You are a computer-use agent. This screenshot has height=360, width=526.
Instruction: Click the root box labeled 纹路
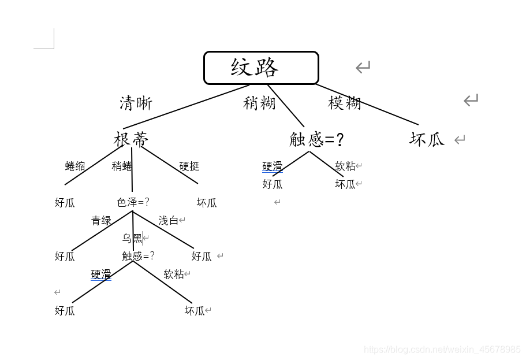261,68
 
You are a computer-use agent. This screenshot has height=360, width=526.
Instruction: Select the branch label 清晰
136,103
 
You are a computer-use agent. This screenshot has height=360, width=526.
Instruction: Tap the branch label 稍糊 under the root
259,103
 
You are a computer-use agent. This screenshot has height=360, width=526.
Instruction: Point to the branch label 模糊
344,103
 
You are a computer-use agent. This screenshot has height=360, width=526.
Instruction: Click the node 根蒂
131,139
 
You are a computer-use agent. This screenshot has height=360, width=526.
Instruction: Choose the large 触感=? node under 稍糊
316,139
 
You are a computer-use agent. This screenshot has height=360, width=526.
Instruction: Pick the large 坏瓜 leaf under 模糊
427,139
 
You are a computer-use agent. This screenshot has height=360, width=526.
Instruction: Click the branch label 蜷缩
75,166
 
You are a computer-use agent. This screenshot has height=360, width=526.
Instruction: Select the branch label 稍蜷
122,166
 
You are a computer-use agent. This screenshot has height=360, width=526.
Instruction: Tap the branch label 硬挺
189,166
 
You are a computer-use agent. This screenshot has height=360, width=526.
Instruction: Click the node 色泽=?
133,202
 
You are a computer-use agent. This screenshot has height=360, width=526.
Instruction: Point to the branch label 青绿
101,220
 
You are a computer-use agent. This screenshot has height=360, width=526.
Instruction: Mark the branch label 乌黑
132,238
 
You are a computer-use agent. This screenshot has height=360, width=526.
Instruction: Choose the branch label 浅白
169,220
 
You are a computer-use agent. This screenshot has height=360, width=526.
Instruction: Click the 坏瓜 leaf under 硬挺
206,202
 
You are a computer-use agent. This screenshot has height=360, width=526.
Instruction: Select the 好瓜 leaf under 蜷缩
65,202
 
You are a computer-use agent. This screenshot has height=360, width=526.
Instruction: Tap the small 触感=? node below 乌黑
138,256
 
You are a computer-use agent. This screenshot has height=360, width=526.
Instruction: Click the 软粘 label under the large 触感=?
345,166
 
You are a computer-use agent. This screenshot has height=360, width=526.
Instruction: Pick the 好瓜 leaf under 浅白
202,256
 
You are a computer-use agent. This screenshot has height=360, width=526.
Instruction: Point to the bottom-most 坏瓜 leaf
195,310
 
